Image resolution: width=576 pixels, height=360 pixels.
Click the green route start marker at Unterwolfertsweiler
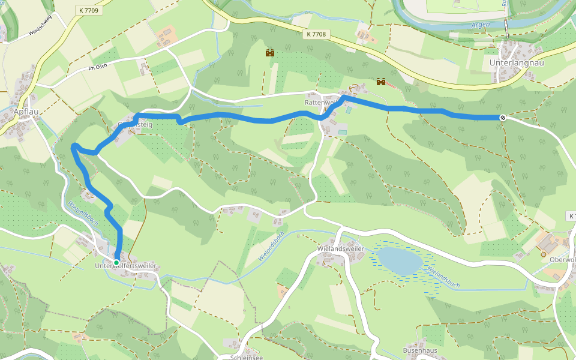116,262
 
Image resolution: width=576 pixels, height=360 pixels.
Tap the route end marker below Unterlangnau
502,118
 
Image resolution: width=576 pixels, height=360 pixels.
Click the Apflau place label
26,112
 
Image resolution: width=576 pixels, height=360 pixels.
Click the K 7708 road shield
316,34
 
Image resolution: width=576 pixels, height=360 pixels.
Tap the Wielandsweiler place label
341,248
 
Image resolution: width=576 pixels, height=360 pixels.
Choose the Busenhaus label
422,349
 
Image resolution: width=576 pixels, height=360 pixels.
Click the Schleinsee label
246,357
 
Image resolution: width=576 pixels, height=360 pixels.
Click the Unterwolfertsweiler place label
125,266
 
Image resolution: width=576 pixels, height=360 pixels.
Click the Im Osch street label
97,67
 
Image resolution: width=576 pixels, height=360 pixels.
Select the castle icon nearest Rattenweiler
380,82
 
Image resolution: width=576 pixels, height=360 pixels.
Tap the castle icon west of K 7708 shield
270,53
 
